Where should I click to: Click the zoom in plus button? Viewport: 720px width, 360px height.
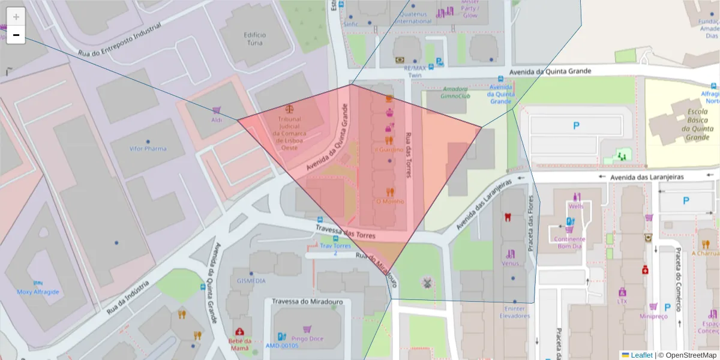tap(16, 17)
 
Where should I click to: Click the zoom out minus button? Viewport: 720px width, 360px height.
tap(16, 35)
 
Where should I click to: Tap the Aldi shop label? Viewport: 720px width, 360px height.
tap(217, 120)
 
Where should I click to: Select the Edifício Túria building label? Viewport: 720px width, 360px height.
tap(254, 39)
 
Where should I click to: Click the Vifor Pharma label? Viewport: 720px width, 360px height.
tap(148, 148)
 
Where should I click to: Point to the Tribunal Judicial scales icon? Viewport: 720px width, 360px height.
tap(290, 110)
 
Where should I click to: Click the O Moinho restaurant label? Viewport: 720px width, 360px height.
tap(389, 202)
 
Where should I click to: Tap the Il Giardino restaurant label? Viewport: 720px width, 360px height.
tap(389, 150)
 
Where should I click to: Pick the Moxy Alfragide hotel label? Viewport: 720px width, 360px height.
tap(38, 292)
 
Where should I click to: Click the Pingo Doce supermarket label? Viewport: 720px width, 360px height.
tap(307, 338)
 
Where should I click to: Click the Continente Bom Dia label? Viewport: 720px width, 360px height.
tap(569, 242)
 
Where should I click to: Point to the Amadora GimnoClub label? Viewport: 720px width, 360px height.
tap(455, 92)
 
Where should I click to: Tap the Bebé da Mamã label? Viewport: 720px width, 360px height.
tap(239, 344)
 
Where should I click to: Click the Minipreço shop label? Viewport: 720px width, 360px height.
tap(653, 316)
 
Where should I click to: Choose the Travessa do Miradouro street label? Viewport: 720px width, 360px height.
tap(307, 301)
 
